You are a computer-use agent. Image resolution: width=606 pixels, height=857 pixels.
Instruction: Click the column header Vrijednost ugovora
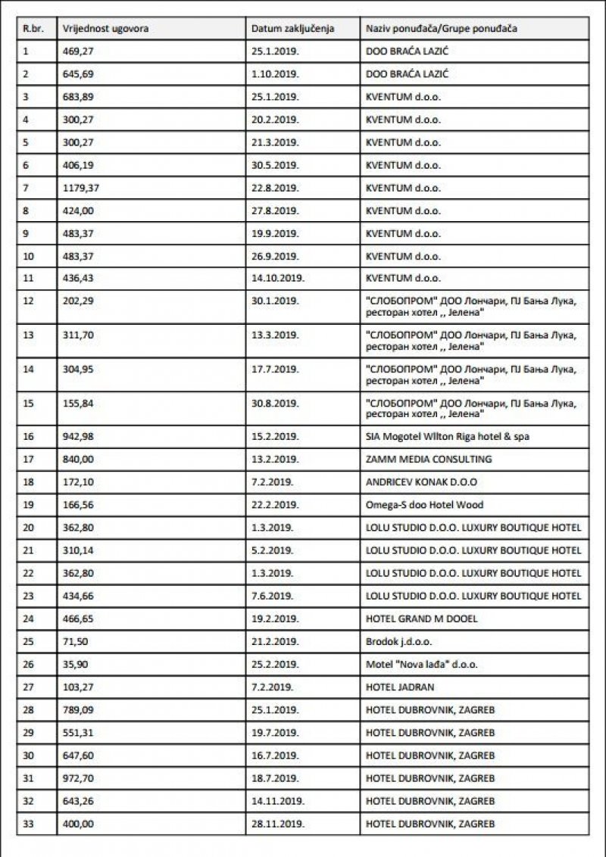click(x=105, y=29)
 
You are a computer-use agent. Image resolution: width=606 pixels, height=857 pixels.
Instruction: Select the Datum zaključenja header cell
click(x=292, y=29)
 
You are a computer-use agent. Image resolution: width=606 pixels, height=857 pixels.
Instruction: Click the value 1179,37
click(x=80, y=188)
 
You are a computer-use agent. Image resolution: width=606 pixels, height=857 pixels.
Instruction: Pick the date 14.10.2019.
click(x=278, y=279)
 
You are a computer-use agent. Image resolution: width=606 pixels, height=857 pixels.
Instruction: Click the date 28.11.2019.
click(x=278, y=823)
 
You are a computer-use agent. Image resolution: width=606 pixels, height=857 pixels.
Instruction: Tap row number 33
click(x=29, y=823)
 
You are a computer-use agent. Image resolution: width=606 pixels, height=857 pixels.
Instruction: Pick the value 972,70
click(x=77, y=778)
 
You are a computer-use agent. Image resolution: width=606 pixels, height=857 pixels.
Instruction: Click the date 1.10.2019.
click(x=275, y=74)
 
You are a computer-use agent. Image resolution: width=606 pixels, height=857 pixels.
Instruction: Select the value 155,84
click(x=77, y=403)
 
